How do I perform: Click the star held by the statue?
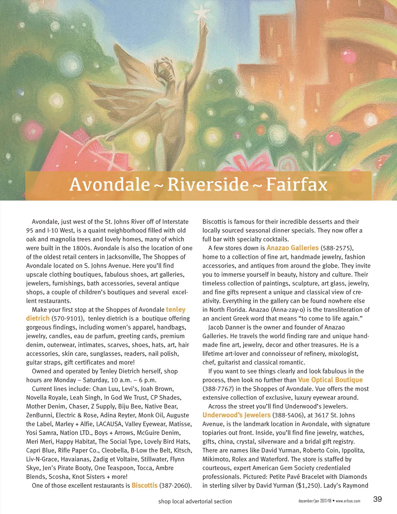(x=201, y=14)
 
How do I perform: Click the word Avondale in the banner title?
(x=110, y=184)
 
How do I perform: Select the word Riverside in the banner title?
(x=208, y=184)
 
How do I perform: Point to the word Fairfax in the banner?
(x=296, y=184)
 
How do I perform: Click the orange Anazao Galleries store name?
(x=292, y=248)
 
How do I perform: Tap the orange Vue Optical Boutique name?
(x=330, y=380)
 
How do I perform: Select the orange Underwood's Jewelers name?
(x=237, y=415)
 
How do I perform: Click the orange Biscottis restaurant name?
(x=145, y=486)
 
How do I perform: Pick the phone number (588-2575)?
(x=334, y=248)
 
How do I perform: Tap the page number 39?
(x=377, y=499)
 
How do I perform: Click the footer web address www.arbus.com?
(x=348, y=501)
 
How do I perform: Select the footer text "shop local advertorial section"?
(x=195, y=501)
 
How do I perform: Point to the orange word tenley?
(x=176, y=310)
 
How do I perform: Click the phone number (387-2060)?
(x=175, y=486)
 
